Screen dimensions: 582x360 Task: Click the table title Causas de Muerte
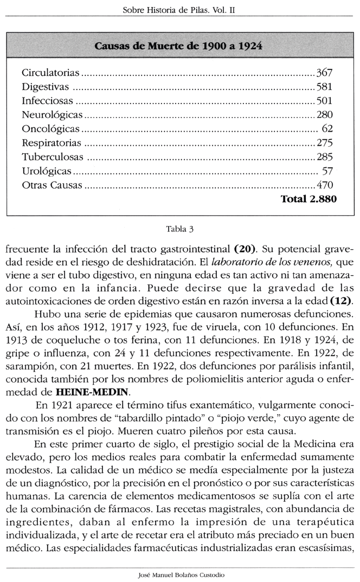tap(178, 46)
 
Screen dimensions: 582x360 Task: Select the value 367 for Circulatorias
tap(324, 73)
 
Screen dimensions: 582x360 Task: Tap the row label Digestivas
tap(45, 87)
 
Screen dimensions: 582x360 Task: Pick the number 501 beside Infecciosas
tap(324, 101)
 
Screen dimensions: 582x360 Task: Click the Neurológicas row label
tap(52, 115)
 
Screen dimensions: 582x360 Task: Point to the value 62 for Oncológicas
tap(327, 129)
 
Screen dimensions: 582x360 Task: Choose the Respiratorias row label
tap(52, 143)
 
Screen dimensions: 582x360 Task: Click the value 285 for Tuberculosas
tap(324, 157)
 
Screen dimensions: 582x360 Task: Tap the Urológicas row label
tap(47, 171)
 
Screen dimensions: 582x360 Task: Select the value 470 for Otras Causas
tap(324, 185)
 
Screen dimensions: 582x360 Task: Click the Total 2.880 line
tap(308, 199)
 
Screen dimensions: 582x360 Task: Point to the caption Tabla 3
tap(179, 228)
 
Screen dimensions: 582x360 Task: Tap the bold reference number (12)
tap(341, 300)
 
